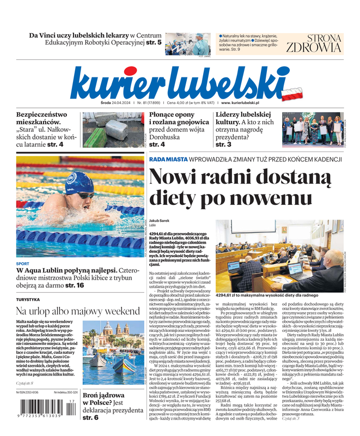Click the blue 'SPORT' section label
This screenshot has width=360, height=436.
(x=23, y=264)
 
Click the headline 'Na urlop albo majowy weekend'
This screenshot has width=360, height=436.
(x=78, y=311)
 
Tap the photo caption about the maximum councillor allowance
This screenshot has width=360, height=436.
(x=267, y=295)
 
